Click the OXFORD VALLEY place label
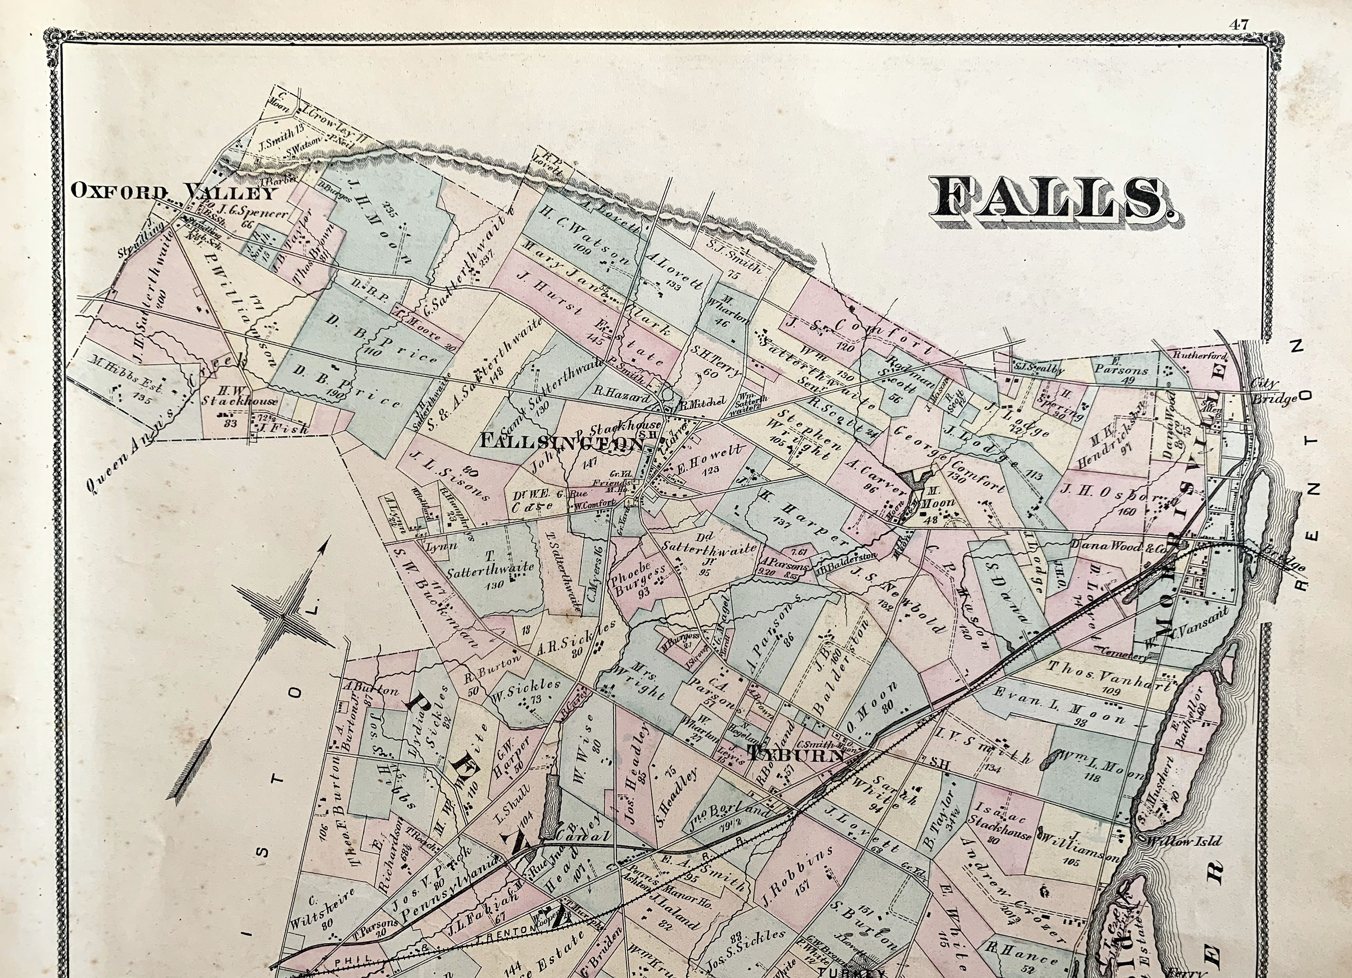tap(174, 192)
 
